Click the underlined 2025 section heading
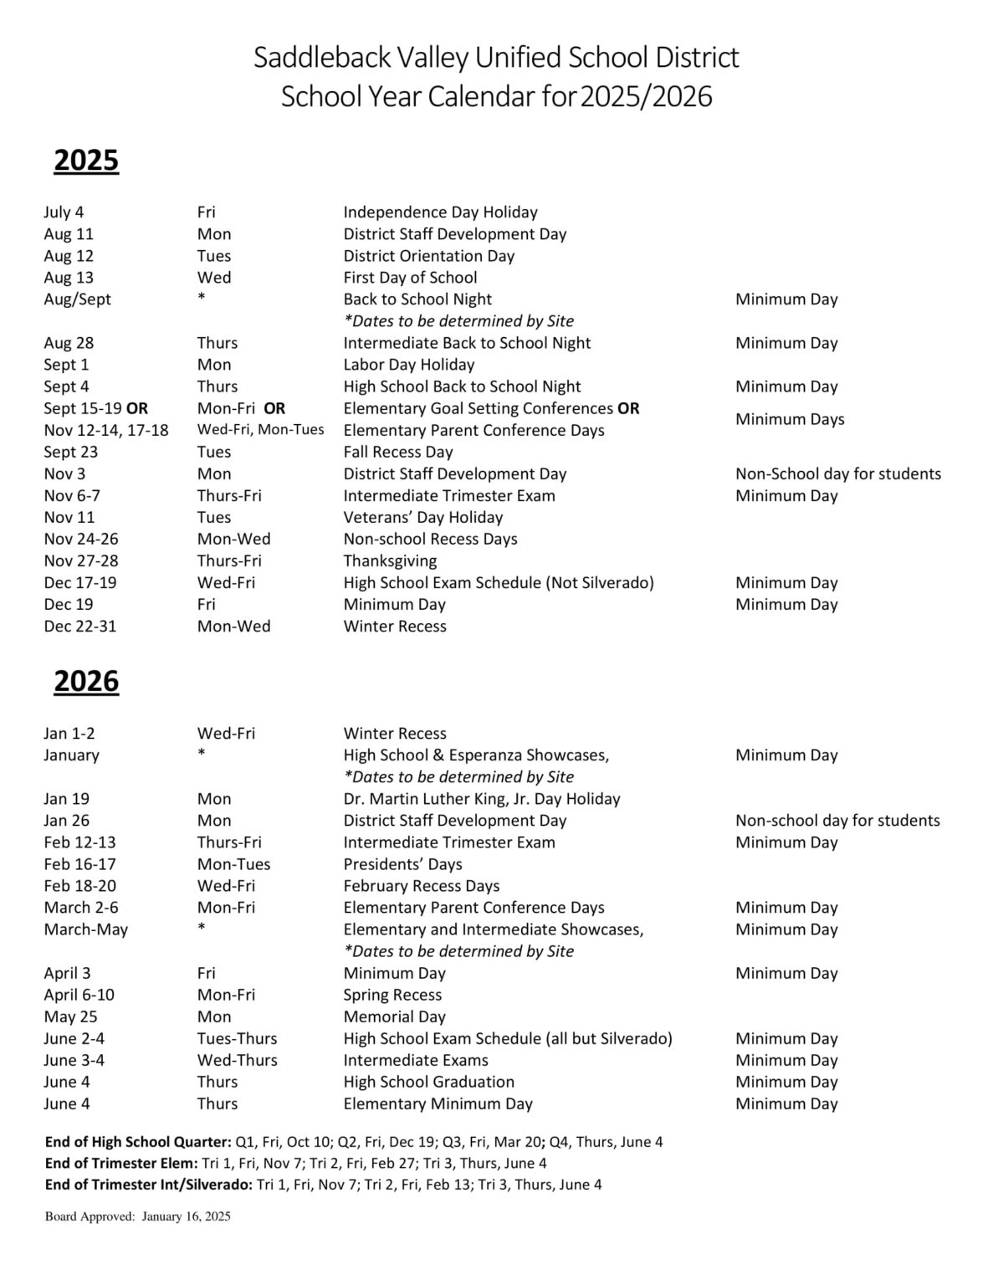click(x=86, y=161)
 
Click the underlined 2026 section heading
click(x=86, y=682)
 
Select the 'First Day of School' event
click(x=410, y=278)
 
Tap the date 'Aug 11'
click(x=69, y=234)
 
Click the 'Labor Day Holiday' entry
click(x=408, y=365)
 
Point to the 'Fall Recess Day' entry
click(x=397, y=452)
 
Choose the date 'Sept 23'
click(x=70, y=452)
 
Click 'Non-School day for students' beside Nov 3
click(x=837, y=474)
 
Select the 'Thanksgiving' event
click(x=390, y=561)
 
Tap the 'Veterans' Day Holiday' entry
click(x=422, y=517)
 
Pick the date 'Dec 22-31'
click(x=79, y=626)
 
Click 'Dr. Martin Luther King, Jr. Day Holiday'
click(x=481, y=799)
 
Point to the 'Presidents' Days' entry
click(x=402, y=864)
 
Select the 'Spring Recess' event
click(x=392, y=995)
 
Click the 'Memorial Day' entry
click(x=394, y=1016)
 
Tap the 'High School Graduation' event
click(x=428, y=1082)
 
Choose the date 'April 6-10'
click(x=79, y=995)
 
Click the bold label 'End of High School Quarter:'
click(x=138, y=1142)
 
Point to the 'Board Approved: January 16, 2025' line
click(x=137, y=1216)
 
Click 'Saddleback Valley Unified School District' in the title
click(x=496, y=58)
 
